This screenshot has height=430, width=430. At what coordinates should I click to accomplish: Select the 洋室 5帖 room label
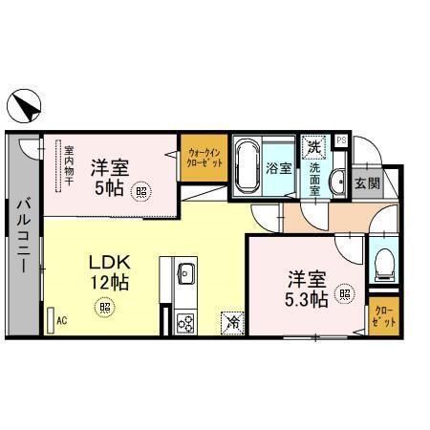[x=108, y=174]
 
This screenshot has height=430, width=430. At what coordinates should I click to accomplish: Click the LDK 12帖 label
[x=109, y=273]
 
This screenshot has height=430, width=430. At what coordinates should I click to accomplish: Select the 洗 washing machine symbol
[x=313, y=147]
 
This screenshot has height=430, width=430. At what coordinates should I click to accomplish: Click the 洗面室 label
[x=313, y=179]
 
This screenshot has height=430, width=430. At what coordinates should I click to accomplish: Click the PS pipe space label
[x=341, y=142]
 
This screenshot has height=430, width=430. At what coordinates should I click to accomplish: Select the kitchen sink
[x=185, y=276]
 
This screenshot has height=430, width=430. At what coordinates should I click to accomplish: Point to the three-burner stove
[x=185, y=322]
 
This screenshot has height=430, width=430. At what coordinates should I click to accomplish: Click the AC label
[x=61, y=321]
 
